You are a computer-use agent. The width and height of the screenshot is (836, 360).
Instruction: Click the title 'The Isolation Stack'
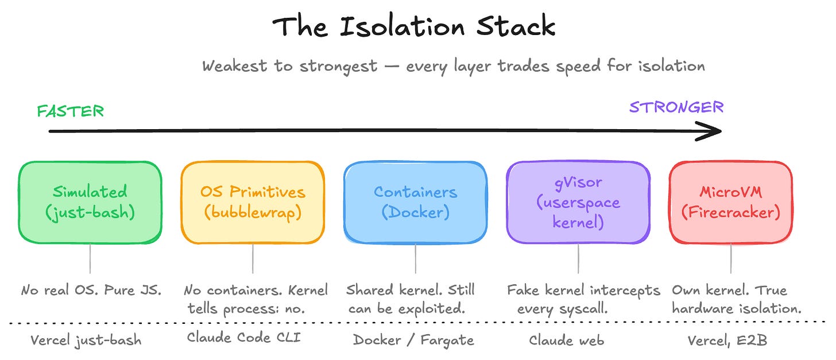(413, 27)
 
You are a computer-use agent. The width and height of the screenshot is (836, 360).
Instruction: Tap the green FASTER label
(71, 111)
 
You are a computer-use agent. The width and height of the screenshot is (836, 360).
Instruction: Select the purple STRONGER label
(676, 107)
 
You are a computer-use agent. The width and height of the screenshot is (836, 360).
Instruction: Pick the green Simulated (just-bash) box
(90, 202)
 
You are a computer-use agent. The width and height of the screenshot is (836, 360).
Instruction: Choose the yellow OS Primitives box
(253, 202)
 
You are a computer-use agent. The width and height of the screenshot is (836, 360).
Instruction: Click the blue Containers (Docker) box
(415, 202)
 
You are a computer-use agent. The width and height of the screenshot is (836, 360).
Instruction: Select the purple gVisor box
(578, 202)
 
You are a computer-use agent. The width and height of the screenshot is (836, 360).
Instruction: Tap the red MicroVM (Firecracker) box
(730, 202)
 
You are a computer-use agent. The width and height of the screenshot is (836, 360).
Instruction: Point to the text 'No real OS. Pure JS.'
(91, 290)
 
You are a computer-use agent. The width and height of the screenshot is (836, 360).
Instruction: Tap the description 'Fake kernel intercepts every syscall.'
(583, 299)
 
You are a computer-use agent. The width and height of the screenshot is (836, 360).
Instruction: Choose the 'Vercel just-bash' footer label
(86, 340)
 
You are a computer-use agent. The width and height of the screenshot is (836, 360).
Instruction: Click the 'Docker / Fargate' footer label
(413, 340)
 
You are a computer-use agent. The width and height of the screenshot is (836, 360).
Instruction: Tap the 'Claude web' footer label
(566, 340)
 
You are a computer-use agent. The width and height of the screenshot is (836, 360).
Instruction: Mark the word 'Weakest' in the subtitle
(234, 66)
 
